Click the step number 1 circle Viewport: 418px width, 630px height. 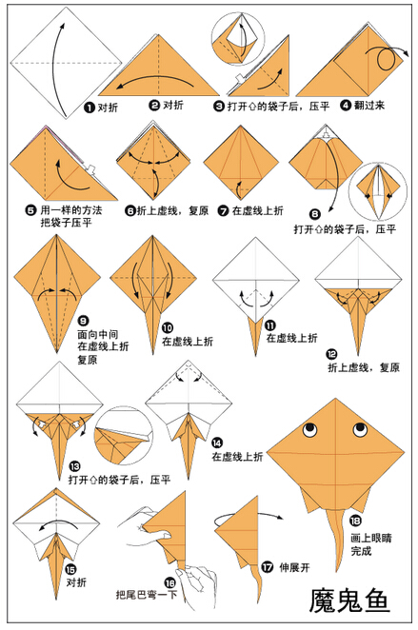click(89, 108)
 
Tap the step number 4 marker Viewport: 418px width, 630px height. click(346, 106)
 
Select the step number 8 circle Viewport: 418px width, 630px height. click(315, 214)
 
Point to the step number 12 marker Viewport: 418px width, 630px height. click(331, 354)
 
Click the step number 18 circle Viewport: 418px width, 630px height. click(355, 521)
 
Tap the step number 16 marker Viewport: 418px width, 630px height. click(170, 582)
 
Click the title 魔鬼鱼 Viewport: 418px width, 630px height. click(349, 601)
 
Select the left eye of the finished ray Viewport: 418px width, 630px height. click(309, 430)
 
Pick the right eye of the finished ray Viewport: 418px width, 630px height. click(360, 429)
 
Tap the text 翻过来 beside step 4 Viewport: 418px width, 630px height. click(369, 106)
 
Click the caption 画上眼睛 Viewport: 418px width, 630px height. click(370, 538)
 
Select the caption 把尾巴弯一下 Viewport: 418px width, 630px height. click(147, 594)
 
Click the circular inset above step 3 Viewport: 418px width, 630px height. click(238, 37)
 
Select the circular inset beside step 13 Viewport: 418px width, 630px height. click(124, 436)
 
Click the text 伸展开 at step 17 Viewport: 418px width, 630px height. click(294, 567)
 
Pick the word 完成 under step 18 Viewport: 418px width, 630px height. click(361, 551)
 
